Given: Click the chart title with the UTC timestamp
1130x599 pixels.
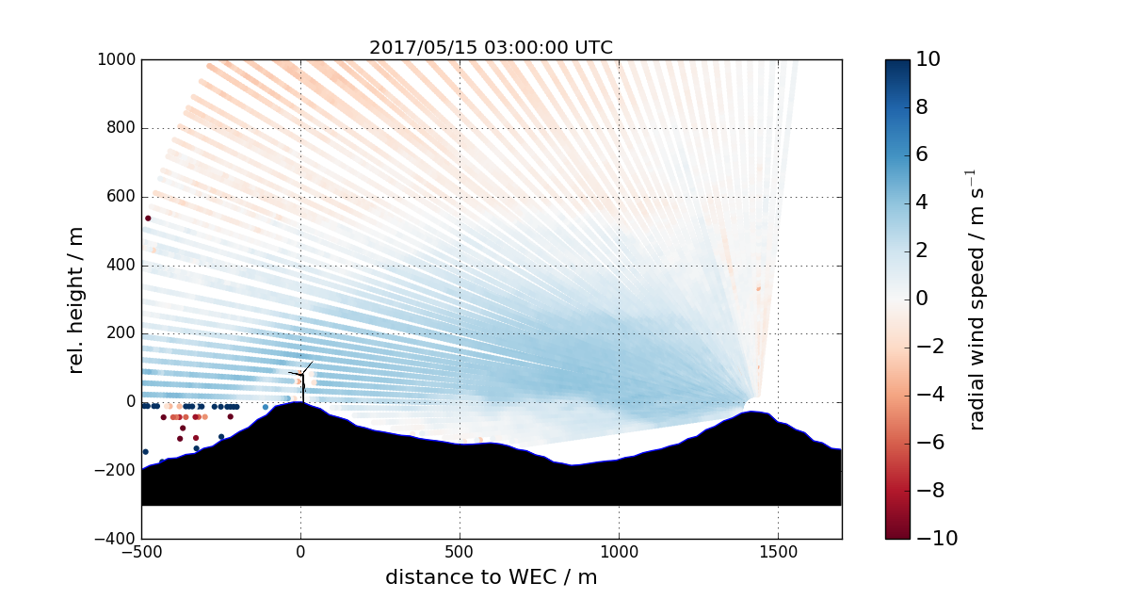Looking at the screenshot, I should click(x=491, y=47).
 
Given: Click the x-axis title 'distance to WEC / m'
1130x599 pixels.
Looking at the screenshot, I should click(x=491, y=576).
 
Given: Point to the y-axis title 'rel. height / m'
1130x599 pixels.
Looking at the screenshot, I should click(x=76, y=299).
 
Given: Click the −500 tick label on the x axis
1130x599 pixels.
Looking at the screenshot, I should click(x=141, y=551).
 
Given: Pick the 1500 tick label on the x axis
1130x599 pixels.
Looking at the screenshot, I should click(x=778, y=551).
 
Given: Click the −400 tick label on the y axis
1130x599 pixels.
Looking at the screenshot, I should click(x=118, y=539).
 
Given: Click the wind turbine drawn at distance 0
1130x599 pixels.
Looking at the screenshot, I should click(x=302, y=379).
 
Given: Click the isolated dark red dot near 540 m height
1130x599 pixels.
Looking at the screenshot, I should click(x=148, y=219).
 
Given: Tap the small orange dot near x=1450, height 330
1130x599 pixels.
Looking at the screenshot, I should click(x=758, y=288).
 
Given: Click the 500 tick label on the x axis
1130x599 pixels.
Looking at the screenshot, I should click(x=460, y=551).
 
